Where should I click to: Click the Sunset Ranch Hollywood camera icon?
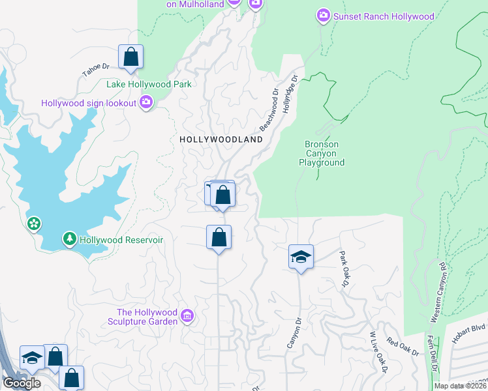323,16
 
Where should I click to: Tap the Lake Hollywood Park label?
149,84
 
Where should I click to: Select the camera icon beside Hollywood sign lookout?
145,102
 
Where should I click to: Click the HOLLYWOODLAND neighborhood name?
221,139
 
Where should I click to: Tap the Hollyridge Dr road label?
290,94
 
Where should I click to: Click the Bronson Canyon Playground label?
324,153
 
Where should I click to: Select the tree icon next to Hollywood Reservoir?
70,239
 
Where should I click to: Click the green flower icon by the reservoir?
34,224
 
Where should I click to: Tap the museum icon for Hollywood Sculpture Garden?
187,316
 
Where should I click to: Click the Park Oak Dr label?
344,268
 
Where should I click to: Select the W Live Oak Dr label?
378,352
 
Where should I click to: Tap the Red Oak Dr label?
403,347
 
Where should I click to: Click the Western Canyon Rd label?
438,293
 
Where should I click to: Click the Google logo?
22,383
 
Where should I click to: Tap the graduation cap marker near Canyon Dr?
301,257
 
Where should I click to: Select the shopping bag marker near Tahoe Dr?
131,57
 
